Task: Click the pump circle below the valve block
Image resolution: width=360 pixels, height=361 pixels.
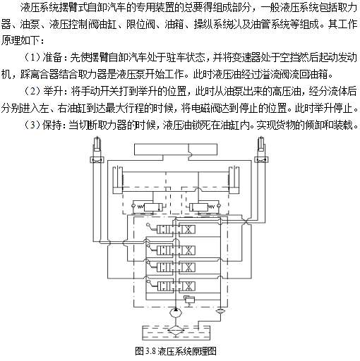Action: coord(176,313)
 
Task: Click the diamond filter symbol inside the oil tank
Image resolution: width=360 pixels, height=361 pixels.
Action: coord(176,330)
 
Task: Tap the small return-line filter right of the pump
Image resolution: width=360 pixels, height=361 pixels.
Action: coord(220,311)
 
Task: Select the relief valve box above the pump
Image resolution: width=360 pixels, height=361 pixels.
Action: coord(190,300)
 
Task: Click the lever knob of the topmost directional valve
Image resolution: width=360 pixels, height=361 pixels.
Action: coord(148,225)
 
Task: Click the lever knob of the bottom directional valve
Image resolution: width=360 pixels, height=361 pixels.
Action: coord(148,281)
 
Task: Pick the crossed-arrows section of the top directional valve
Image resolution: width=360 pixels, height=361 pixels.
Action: coord(188,229)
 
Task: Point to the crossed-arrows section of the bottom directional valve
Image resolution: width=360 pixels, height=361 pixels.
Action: coord(188,286)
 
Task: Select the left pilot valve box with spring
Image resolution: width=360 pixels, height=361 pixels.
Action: coord(153,207)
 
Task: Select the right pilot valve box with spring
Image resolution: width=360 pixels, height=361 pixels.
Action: coord(199,207)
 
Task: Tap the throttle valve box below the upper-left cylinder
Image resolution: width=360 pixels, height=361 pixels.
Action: coord(97,160)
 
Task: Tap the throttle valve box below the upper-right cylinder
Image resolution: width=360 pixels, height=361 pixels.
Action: coord(261,160)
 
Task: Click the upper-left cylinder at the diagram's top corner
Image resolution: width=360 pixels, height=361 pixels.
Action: coord(97,144)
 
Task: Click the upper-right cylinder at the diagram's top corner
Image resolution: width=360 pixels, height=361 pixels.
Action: coord(261,144)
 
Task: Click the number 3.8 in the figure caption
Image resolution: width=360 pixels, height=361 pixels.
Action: coord(150,351)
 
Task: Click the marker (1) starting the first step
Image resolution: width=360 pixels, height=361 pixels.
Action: coord(32,58)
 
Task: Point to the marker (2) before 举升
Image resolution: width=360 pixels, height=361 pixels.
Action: coord(32,92)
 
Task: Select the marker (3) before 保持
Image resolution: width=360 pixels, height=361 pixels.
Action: coord(32,126)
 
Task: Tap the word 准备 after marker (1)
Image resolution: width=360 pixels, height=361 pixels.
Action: coord(52,58)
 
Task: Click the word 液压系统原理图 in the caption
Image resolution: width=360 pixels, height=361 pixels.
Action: coord(187,351)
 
